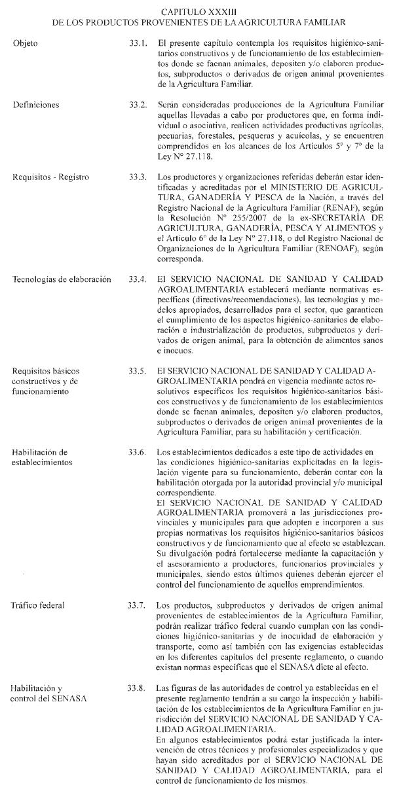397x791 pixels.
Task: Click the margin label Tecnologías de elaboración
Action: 62,279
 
